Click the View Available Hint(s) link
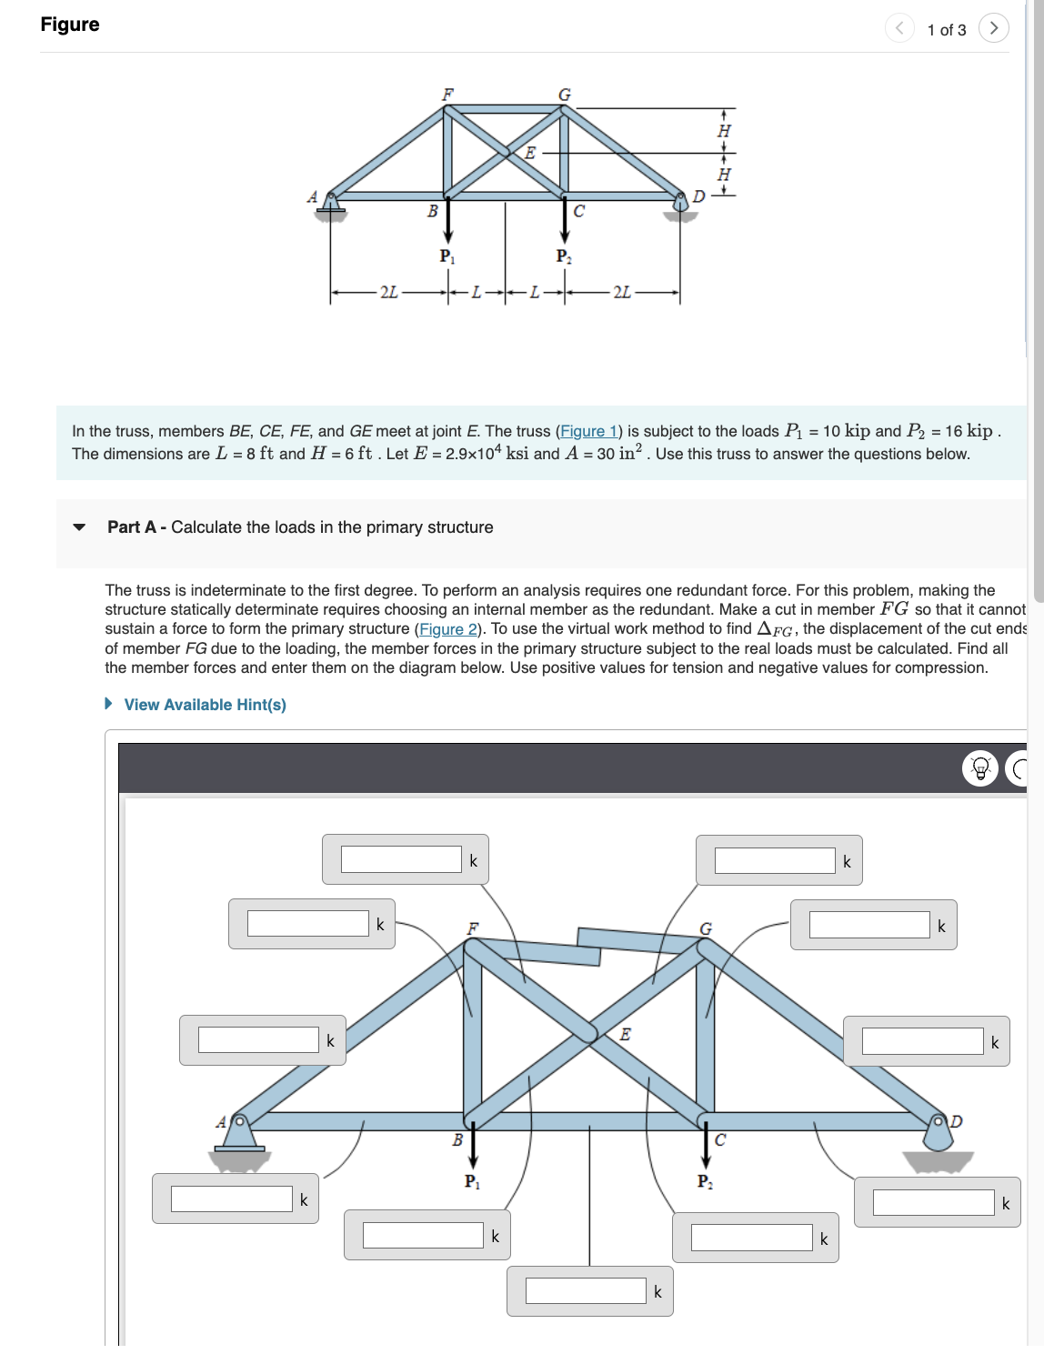(205, 705)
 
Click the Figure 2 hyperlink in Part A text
(448, 629)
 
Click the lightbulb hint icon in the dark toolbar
(980, 769)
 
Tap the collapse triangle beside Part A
(79, 527)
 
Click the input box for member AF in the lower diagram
(258, 1040)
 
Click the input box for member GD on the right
(922, 1041)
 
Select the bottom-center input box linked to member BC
(586, 1291)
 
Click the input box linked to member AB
(231, 1199)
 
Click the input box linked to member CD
(933, 1202)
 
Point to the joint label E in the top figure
(530, 153)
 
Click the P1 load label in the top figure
(447, 256)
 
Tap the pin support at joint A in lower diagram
(240, 1137)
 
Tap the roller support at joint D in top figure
(680, 209)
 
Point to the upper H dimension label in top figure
(724, 131)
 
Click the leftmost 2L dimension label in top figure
(388, 292)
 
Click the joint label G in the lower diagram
(706, 928)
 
